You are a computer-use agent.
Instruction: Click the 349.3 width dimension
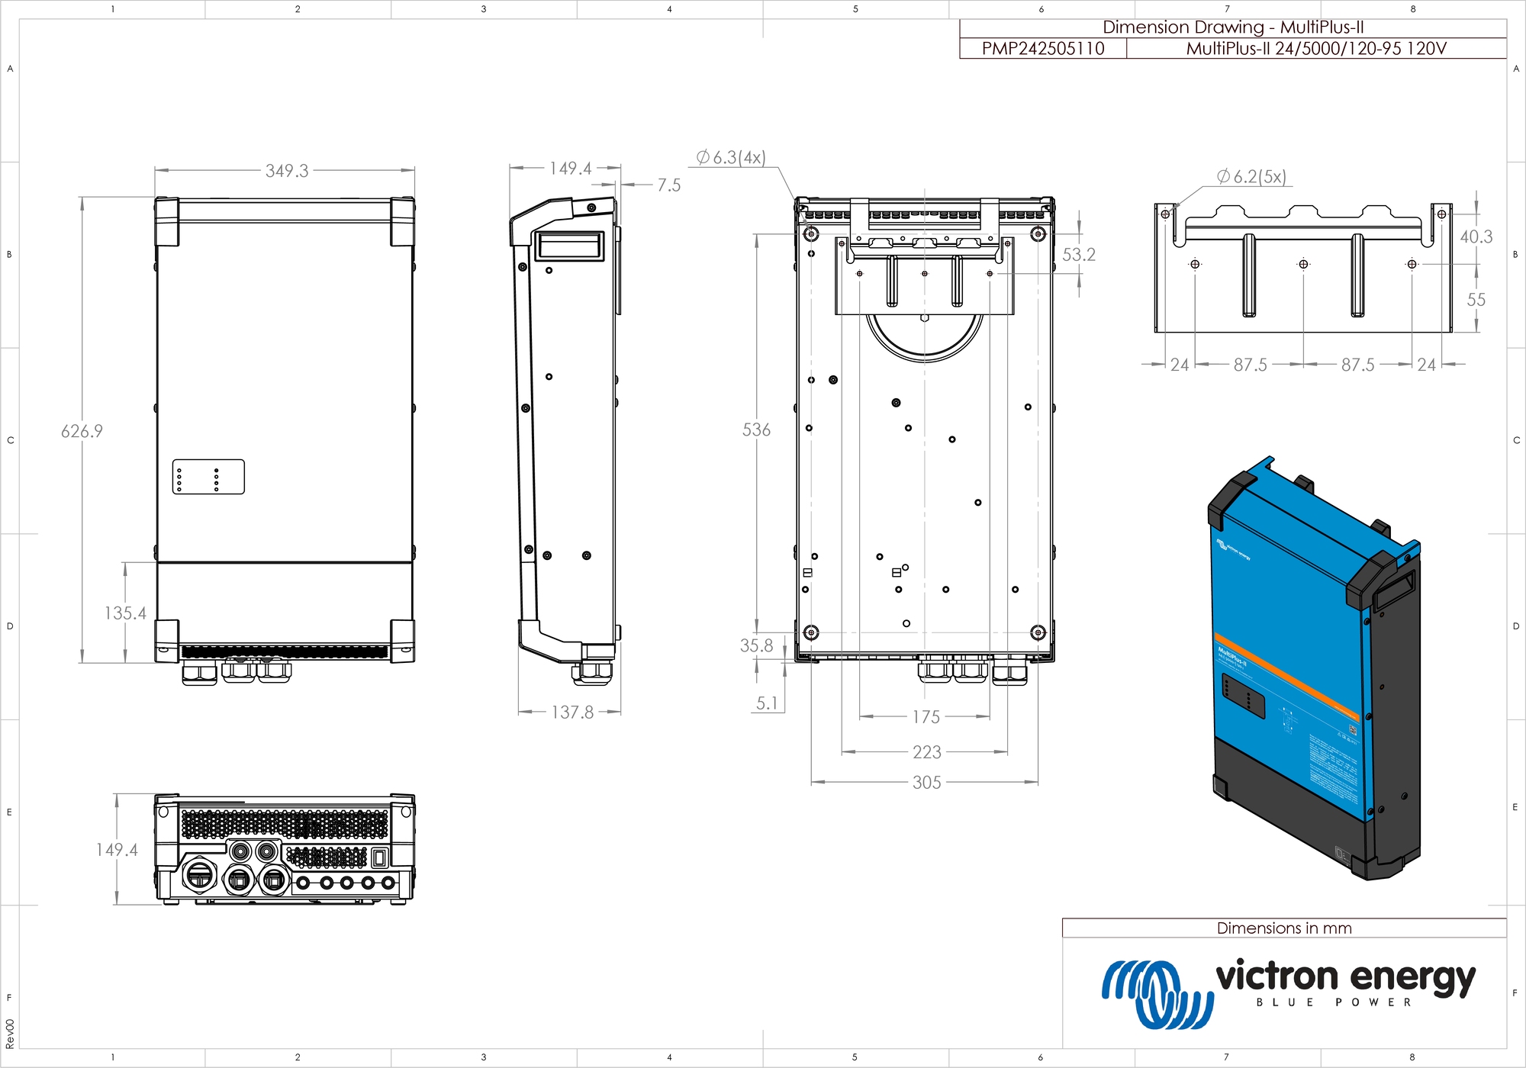tap(287, 171)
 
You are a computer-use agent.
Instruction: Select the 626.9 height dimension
tap(82, 431)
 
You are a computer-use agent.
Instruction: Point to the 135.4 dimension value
tap(125, 613)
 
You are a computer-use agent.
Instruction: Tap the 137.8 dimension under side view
tap(572, 713)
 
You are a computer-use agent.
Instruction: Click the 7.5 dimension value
tap(668, 185)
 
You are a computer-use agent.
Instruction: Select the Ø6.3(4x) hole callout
tap(730, 158)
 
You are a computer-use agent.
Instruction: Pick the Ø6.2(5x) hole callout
tap(1251, 177)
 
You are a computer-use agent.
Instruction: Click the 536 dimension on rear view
tap(756, 430)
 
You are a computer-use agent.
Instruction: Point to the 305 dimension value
tap(926, 783)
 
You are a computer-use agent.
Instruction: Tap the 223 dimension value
tap(926, 752)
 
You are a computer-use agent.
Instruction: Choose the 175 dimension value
tap(926, 717)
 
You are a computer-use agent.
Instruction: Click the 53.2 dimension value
tap(1078, 255)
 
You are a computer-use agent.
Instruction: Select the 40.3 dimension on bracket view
tap(1476, 237)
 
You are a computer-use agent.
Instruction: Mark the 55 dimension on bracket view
tap(1476, 300)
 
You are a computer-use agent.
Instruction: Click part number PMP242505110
tap(1042, 49)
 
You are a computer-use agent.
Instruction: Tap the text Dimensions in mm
tap(1283, 928)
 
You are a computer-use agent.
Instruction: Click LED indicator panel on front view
tap(208, 477)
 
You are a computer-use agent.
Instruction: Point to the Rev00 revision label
tap(10, 1034)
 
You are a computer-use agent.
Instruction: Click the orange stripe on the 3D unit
tap(1289, 677)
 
